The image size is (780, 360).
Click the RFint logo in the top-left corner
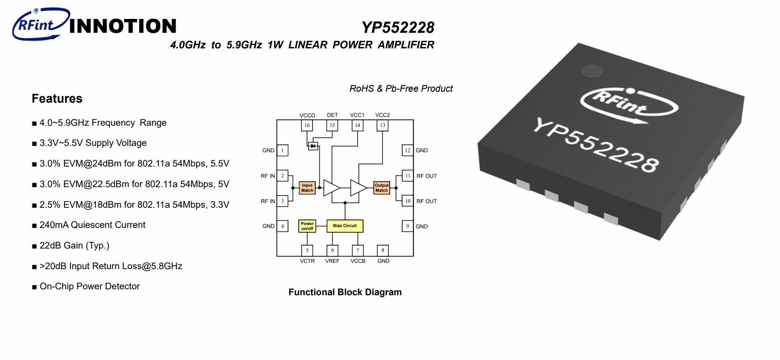point(40,24)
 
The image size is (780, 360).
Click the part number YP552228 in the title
point(398,27)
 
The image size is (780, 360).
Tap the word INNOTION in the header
point(122,26)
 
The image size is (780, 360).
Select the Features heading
point(57,98)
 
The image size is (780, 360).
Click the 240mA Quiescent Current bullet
point(92,225)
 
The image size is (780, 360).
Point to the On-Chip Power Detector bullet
point(89,286)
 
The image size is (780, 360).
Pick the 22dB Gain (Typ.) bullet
point(74,246)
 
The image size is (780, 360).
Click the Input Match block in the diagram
point(307,188)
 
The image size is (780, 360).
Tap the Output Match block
point(382,188)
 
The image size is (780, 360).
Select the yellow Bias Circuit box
point(345,226)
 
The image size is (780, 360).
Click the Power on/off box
point(307,226)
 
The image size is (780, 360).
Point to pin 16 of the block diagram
point(307,125)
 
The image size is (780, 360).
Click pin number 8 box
point(383,250)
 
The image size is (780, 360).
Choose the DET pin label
point(332,115)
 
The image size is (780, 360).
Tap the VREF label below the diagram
point(332,261)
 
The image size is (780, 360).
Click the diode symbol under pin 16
point(313,146)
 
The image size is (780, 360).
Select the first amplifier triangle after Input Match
point(331,188)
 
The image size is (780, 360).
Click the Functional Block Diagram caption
point(345,292)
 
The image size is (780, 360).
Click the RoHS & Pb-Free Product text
point(401,89)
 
